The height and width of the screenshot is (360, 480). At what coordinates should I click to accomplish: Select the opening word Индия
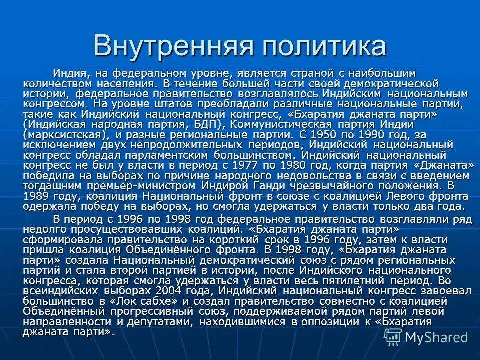tap(69, 73)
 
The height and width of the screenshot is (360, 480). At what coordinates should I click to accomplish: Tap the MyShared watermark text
tap(436, 337)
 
